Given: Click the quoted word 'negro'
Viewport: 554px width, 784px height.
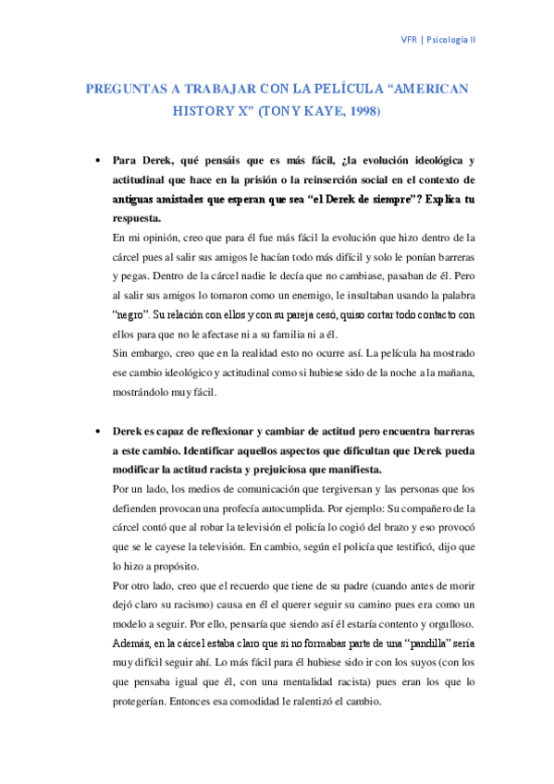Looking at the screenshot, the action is [x=129, y=314].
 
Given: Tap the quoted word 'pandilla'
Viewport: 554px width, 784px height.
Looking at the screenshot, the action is [x=400, y=643].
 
